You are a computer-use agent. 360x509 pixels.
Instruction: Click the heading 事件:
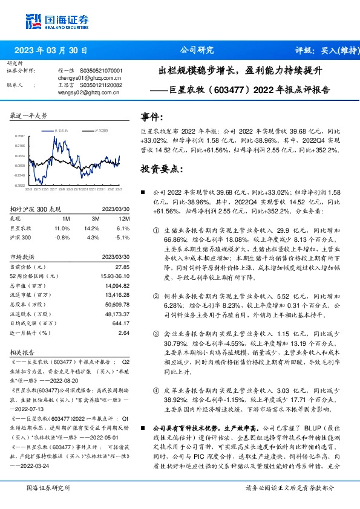151,117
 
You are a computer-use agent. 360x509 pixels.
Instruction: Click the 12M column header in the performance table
123,218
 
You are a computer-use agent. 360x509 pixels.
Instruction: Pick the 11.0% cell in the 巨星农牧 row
62,229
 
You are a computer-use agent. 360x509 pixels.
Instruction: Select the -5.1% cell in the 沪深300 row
122,238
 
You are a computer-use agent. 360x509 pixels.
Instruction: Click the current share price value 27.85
123,267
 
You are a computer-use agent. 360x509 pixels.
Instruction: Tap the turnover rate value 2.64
124,333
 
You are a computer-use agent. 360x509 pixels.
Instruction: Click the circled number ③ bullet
157,334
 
